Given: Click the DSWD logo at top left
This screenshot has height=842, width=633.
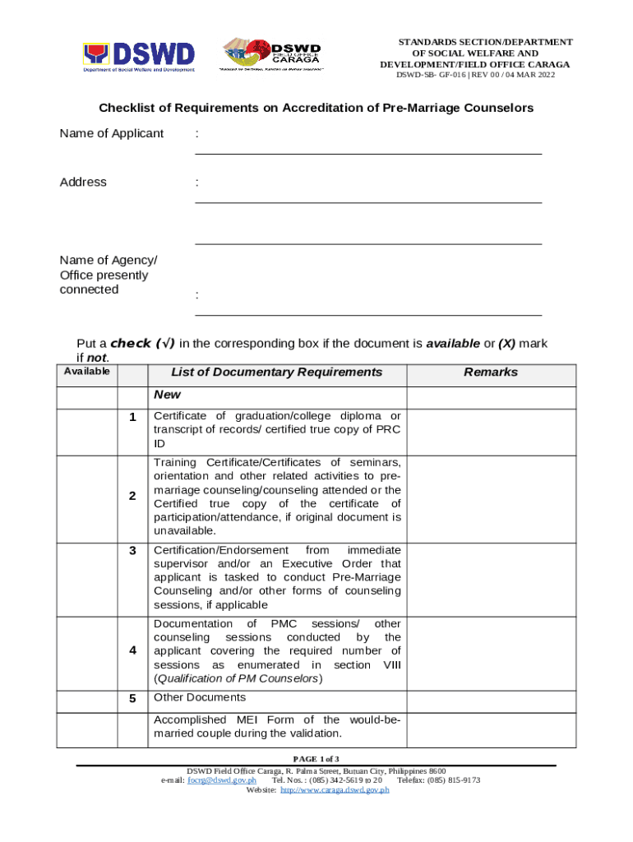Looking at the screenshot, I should (138, 56).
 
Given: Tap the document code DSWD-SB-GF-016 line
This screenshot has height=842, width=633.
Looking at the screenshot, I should (476, 76).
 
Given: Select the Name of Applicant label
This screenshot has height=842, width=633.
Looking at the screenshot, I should (111, 133).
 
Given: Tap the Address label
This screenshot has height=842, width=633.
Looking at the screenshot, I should (83, 182).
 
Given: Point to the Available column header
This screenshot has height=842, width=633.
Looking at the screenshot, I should (87, 372).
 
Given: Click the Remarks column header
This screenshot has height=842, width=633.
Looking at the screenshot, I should (491, 372).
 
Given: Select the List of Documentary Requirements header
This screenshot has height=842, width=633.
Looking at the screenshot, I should (276, 372).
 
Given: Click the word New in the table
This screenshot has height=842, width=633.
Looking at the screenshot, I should (167, 395).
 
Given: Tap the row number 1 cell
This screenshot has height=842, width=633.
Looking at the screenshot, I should (132, 417).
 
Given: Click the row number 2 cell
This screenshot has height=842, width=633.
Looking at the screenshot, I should (132, 496).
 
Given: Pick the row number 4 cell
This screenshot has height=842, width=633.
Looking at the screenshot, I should (132, 650).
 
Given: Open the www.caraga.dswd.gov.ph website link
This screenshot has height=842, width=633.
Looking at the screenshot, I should (335, 790).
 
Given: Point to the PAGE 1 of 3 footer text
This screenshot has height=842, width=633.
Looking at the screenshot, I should (316, 758).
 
